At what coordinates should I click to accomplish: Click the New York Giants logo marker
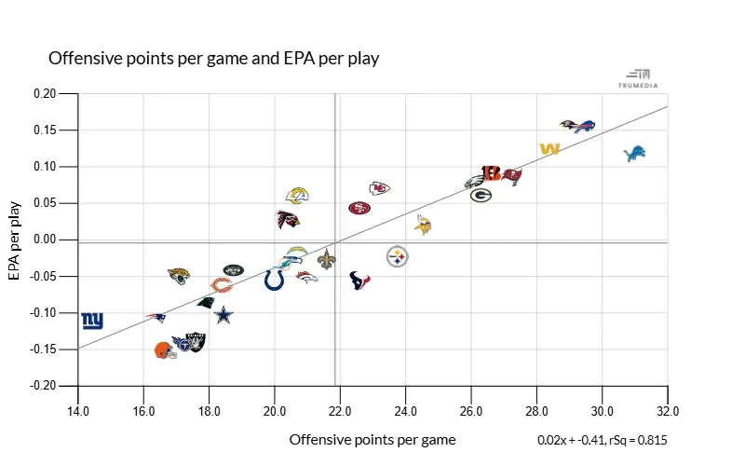[x=92, y=321]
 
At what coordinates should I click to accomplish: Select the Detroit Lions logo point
[x=634, y=153]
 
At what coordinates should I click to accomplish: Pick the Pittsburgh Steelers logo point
[x=398, y=256]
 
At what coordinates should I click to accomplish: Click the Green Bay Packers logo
[x=481, y=196]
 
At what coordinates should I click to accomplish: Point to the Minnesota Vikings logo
[x=424, y=224]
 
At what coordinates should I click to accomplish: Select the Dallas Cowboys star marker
[x=223, y=315]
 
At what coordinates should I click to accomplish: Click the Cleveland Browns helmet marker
[x=165, y=350]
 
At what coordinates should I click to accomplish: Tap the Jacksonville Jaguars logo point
[x=179, y=276]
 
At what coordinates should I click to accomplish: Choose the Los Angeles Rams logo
[x=297, y=196]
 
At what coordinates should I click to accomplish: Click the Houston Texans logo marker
[x=360, y=280]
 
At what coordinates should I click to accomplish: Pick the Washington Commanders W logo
[x=549, y=149]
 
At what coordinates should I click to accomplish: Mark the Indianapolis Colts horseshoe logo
[x=274, y=280]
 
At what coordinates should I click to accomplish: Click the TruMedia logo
[x=638, y=78]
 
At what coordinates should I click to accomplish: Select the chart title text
[x=213, y=58]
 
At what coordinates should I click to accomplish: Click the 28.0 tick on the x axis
[x=536, y=411]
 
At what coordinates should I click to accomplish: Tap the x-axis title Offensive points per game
[x=372, y=439]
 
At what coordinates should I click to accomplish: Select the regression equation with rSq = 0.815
[x=602, y=440]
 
